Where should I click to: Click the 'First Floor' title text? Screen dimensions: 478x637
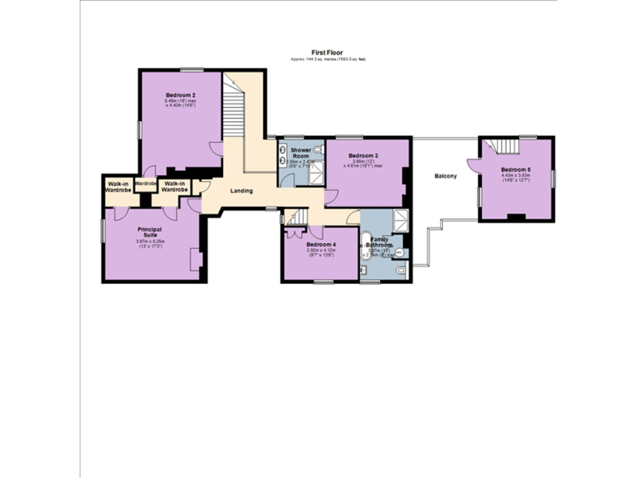[x=328, y=51]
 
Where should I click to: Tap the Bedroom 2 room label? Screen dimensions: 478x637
[x=179, y=95]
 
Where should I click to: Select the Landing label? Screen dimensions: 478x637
[x=241, y=191]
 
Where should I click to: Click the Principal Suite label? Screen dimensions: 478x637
[x=150, y=231]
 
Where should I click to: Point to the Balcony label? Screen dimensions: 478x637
[x=445, y=175]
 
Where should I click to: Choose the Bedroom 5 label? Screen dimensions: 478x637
[x=515, y=169]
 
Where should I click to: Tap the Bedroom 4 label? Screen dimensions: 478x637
[x=320, y=245]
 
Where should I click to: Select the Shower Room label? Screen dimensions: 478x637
[x=300, y=153]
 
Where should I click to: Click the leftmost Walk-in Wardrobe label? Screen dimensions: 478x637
[x=117, y=187]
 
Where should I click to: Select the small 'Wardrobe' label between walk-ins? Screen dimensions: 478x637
[x=146, y=183]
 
